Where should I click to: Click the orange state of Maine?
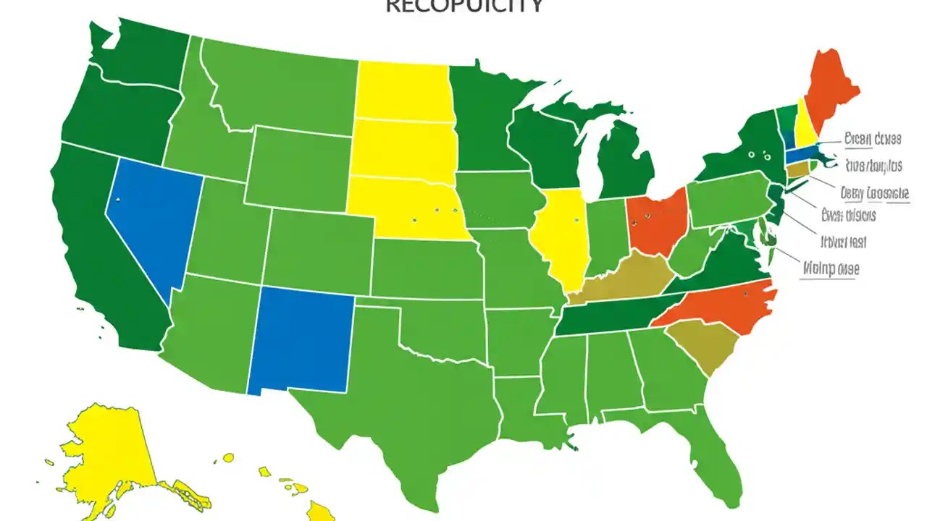click(829, 87)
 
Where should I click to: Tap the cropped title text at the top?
click(464, 7)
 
